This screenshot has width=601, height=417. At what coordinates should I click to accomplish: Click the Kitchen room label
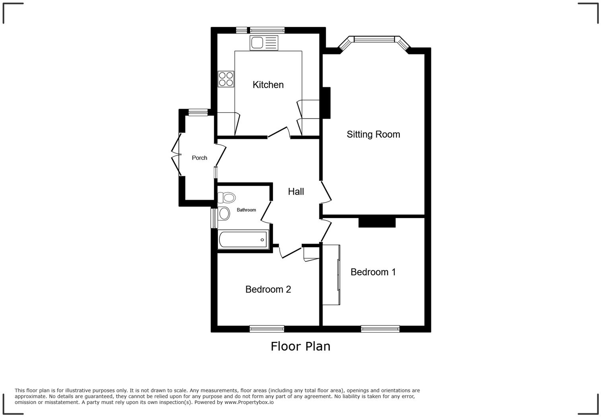coord(268,85)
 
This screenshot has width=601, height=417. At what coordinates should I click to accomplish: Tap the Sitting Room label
coord(373,134)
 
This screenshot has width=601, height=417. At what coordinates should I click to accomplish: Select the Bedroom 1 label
coord(373,272)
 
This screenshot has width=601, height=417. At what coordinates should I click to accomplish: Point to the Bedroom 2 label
coord(268,290)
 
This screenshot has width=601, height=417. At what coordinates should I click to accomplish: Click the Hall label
coord(296,192)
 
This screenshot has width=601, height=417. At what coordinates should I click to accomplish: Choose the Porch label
coord(199,158)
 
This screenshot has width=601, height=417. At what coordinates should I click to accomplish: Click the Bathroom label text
coord(246,210)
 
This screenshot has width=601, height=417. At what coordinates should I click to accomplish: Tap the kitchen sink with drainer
coord(264,43)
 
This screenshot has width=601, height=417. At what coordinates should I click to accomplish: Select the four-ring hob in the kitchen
coord(226,79)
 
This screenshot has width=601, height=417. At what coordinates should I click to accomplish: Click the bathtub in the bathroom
coord(243,240)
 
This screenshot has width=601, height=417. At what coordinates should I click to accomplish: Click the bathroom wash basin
coord(224,214)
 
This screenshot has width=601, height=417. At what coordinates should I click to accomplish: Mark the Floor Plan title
coord(300,347)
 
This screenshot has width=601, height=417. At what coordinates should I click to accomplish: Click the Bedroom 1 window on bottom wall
coord(380,329)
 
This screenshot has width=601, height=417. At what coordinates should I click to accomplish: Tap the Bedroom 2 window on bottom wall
coord(267,329)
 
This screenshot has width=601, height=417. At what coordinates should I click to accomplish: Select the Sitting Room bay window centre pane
coord(374,39)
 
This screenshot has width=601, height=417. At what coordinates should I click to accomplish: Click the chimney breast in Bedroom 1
coord(377,222)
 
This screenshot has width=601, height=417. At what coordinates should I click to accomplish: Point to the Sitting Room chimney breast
coord(326,103)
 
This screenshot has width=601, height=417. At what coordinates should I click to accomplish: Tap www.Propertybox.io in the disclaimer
coord(249,402)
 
